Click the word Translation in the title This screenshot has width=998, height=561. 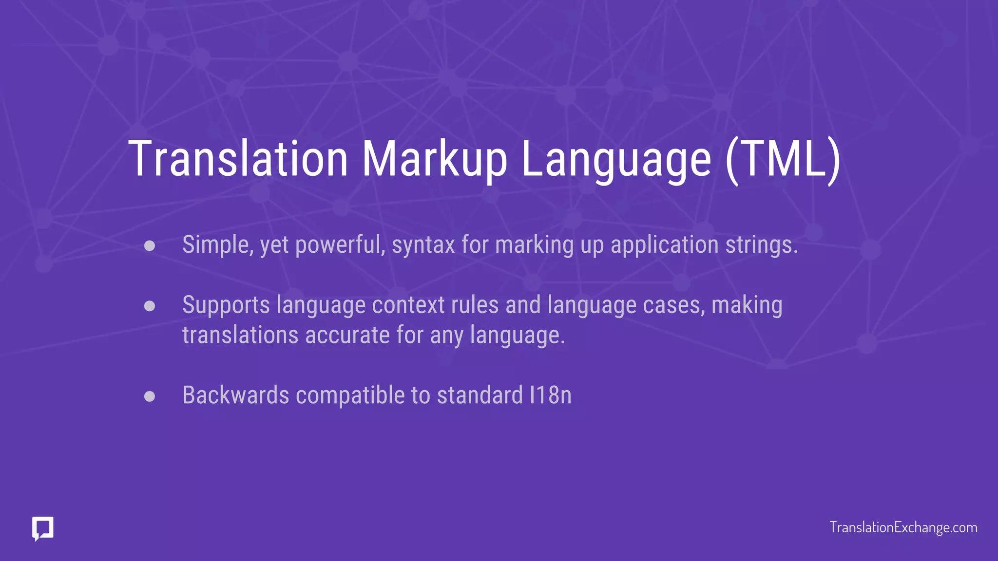pyautogui.click(x=238, y=159)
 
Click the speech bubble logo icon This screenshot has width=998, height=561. pyautogui.click(x=43, y=528)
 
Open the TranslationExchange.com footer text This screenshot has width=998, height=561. pyautogui.click(x=903, y=527)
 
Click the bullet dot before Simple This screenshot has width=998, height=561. pyautogui.click(x=150, y=245)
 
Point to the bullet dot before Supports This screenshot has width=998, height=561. pyautogui.click(x=150, y=306)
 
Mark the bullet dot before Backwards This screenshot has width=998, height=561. pyautogui.click(x=150, y=396)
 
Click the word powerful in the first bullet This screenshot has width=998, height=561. pyautogui.click(x=340, y=245)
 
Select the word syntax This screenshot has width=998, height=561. pyautogui.click(x=423, y=245)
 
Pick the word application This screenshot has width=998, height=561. pyautogui.click(x=664, y=245)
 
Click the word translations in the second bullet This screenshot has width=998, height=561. pyautogui.click(x=240, y=335)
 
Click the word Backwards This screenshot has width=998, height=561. pyautogui.click(x=236, y=395)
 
